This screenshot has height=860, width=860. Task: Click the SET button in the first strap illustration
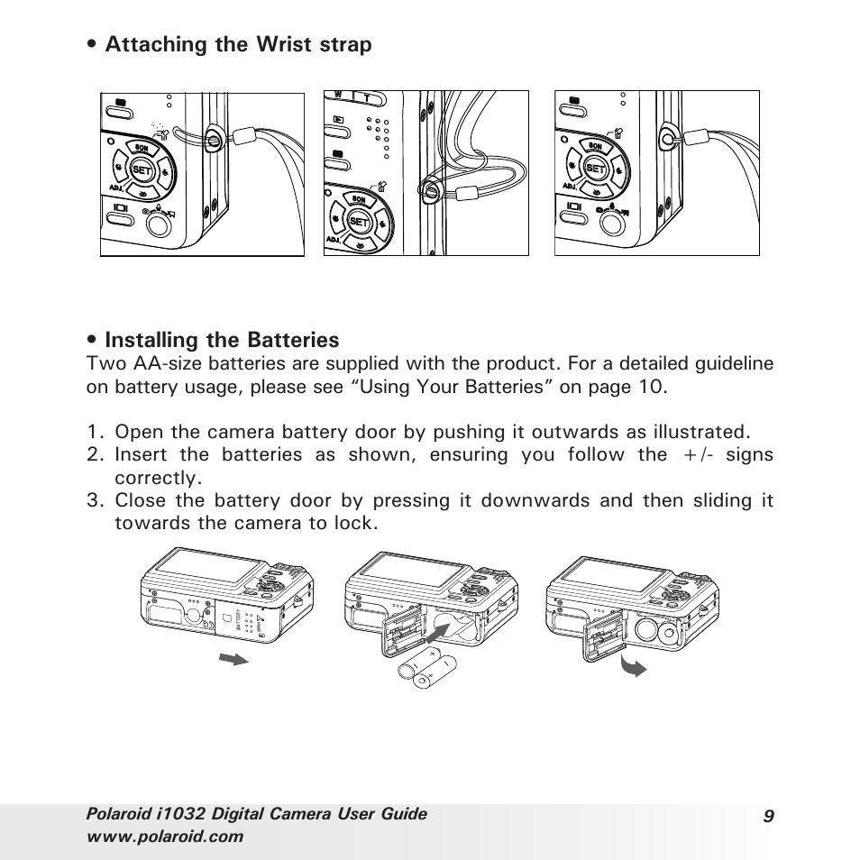[x=142, y=168]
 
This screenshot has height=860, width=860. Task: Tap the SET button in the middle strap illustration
[x=358, y=221]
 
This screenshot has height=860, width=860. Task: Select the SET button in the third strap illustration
[x=595, y=168]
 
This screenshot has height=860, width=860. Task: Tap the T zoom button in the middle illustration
[x=367, y=96]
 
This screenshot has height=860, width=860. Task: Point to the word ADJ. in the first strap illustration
[x=114, y=187]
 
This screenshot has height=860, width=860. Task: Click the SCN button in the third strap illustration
[x=595, y=145]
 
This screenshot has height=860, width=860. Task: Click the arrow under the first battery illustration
[x=233, y=660]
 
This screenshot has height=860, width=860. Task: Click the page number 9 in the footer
[x=767, y=817]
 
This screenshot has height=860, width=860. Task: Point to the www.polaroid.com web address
[x=165, y=836]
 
